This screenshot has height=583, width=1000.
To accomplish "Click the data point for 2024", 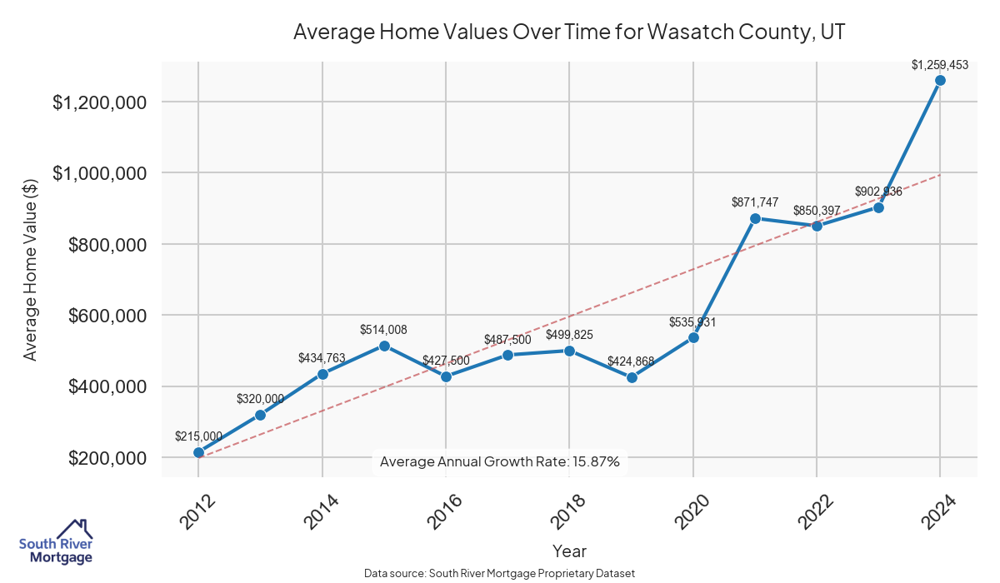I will [x=940, y=81].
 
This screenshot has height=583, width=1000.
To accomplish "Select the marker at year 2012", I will [x=198, y=452].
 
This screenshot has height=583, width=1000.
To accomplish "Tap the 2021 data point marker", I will [x=755, y=218].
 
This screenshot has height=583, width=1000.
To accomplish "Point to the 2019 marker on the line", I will [x=632, y=377].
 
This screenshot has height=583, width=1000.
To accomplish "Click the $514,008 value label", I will [x=383, y=330].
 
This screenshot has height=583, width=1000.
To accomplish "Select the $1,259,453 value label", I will [x=939, y=64].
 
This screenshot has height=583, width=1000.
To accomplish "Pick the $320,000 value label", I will [x=260, y=399].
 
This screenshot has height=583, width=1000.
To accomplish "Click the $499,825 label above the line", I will [x=569, y=335].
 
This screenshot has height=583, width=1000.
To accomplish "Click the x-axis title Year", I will [x=569, y=551].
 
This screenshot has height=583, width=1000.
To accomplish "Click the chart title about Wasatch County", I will [x=570, y=32].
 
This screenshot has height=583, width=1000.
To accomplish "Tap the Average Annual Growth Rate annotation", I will [x=500, y=461].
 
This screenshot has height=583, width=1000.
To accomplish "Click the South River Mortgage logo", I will [x=56, y=542].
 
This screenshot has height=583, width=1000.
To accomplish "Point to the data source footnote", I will [x=500, y=574].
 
